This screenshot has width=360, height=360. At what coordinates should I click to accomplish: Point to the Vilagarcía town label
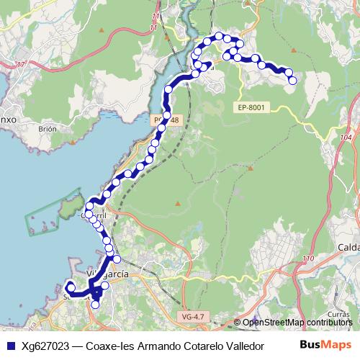107,274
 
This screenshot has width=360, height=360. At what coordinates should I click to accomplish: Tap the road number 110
310,259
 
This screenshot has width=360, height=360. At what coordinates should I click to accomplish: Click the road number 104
347,136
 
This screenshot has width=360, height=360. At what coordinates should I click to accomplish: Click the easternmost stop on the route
293,81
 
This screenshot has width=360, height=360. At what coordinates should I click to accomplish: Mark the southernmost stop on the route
95,305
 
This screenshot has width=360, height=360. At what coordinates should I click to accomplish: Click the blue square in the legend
9,345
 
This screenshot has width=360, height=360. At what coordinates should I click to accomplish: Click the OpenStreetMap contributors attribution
299,323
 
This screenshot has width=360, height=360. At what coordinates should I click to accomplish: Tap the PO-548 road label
162,120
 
